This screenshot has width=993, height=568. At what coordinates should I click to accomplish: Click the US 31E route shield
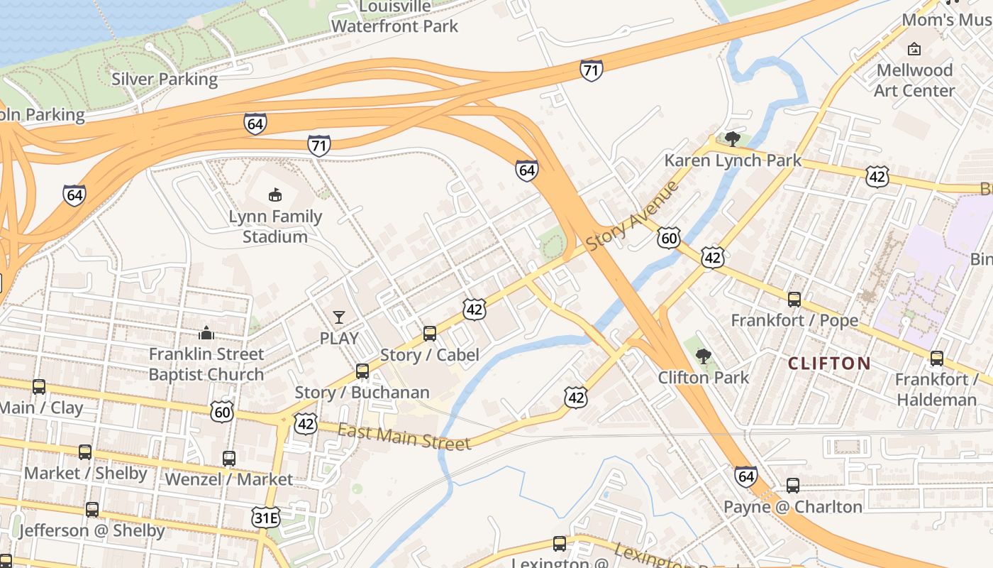pyautogui.click(x=266, y=518)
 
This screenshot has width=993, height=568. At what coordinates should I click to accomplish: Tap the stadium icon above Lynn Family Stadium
pyautogui.click(x=275, y=194)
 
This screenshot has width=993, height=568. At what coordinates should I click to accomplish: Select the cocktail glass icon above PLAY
pyautogui.click(x=339, y=317)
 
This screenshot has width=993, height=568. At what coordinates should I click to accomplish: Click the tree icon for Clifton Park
pyautogui.click(x=703, y=356)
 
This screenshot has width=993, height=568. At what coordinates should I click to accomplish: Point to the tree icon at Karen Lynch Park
pyautogui.click(x=733, y=138)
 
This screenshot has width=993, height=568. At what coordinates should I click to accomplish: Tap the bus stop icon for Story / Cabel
pyautogui.click(x=429, y=333)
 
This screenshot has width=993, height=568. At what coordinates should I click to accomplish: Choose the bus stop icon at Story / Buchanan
pyautogui.click(x=362, y=371)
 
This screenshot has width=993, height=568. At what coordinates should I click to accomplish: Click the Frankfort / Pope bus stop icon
pyautogui.click(x=794, y=299)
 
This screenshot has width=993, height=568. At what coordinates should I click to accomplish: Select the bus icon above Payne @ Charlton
pyautogui.click(x=793, y=486)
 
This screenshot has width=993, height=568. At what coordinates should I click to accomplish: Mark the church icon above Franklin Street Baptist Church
pyautogui.click(x=206, y=332)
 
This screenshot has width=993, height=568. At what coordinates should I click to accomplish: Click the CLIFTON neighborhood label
pyautogui.click(x=829, y=364)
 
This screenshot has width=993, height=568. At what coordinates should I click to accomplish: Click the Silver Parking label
pyautogui.click(x=165, y=79)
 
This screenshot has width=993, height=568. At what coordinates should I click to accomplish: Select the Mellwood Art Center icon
pyautogui.click(x=914, y=49)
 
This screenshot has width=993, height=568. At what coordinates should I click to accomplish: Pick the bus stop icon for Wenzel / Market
pyautogui.click(x=229, y=458)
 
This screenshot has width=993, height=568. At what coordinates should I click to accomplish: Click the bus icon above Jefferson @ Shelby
pyautogui.click(x=92, y=509)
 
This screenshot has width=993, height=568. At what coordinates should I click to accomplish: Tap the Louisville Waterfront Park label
pyautogui.click(x=395, y=16)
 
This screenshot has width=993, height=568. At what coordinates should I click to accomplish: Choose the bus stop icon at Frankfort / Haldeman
pyautogui.click(x=937, y=358)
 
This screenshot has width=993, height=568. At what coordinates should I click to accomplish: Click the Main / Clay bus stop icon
pyautogui.click(x=39, y=387)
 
